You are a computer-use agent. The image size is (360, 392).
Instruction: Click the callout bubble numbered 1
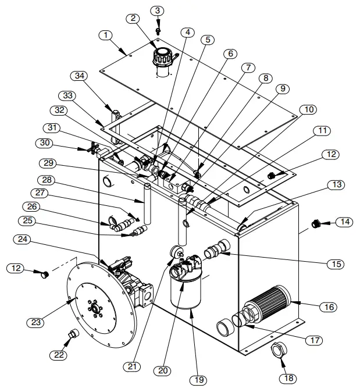click(x=106, y=35)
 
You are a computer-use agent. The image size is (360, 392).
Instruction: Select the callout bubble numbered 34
click(x=80, y=76)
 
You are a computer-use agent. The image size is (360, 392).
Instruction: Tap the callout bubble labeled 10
click(x=308, y=109)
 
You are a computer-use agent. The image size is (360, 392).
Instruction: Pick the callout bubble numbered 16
click(x=329, y=307)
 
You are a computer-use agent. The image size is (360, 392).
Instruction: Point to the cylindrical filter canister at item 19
click(x=187, y=291)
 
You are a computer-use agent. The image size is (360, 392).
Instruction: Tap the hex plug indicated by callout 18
click(x=278, y=351)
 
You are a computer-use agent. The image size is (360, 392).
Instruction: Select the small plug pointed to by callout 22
click(x=73, y=334)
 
